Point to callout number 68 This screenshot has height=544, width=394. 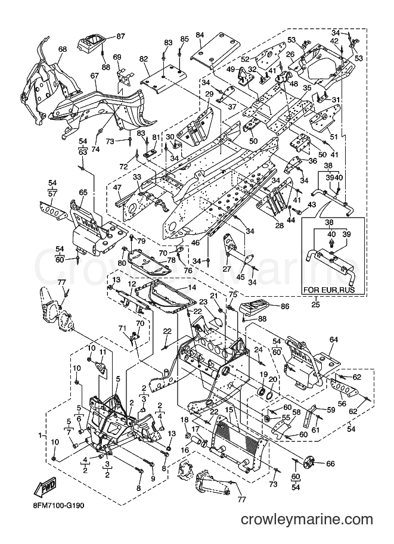pyautogui.click(x=62, y=49)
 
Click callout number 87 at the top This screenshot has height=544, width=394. pyautogui.click(x=120, y=36)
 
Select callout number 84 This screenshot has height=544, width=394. pyautogui.click(x=200, y=35)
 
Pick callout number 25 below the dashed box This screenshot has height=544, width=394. pyautogui.click(x=317, y=305)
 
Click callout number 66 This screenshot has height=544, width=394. pyautogui.click(x=330, y=463)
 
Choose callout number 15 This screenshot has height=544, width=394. pyautogui.click(x=228, y=409)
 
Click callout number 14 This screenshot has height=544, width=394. pyautogui.click(x=192, y=287)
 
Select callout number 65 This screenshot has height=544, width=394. pyautogui.click(x=83, y=192)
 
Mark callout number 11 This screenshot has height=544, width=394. pyautogui.click(x=102, y=352)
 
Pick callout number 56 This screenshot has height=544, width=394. pyautogui.click(x=342, y=394)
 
